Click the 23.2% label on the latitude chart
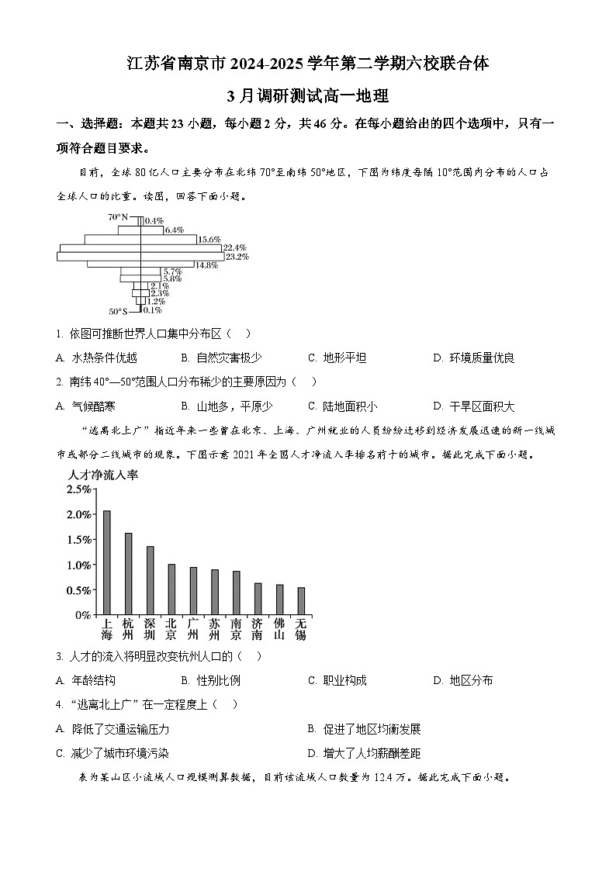[x=237, y=257]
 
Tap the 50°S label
[x=118, y=311]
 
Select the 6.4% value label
[x=175, y=230]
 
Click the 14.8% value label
[x=206, y=265]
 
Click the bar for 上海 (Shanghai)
[x=107, y=562]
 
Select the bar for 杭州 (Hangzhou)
[x=129, y=574]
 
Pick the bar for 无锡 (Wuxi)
[x=301, y=601]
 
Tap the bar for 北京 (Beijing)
[x=171, y=589]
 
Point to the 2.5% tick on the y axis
[x=78, y=489]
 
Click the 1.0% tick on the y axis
[x=78, y=565]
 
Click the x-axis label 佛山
[x=279, y=629]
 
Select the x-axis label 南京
[x=236, y=629]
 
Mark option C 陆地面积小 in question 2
[x=342, y=406]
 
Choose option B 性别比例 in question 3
[x=210, y=681]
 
